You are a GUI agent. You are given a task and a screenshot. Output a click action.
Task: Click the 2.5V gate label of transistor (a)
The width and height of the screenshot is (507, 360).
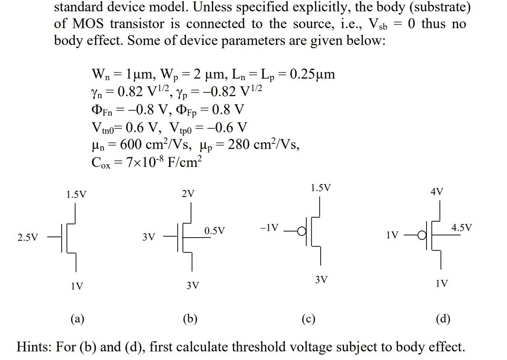point(28,237)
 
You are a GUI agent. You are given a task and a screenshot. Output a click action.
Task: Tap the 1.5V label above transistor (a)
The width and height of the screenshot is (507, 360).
point(76,194)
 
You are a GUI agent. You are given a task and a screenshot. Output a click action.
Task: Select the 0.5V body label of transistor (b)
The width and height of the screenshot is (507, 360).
point(214,231)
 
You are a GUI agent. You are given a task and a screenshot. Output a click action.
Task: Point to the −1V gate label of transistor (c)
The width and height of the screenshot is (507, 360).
point(269,227)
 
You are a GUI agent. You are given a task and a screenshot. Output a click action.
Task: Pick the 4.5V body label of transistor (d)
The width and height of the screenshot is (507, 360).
point(461,227)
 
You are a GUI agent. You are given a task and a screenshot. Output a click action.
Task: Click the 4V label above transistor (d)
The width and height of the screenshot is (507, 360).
point(437,192)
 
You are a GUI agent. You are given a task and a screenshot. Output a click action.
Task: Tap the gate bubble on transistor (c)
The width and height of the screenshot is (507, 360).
point(302,231)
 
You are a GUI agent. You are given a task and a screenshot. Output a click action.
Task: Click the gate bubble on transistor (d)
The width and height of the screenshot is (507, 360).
point(422,235)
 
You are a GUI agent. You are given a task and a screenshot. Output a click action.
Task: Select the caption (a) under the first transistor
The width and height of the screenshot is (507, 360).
point(77,319)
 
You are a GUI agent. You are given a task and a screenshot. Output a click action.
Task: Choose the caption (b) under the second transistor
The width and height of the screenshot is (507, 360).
point(190,319)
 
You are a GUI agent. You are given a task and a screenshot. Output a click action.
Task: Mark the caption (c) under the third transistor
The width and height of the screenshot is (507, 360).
point(308,319)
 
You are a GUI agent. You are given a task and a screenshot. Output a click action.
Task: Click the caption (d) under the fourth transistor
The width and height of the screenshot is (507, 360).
point(443,319)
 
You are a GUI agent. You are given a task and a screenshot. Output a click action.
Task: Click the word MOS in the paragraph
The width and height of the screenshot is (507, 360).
point(88,24)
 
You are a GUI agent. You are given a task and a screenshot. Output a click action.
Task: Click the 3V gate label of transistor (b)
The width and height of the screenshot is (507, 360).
point(148,237)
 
